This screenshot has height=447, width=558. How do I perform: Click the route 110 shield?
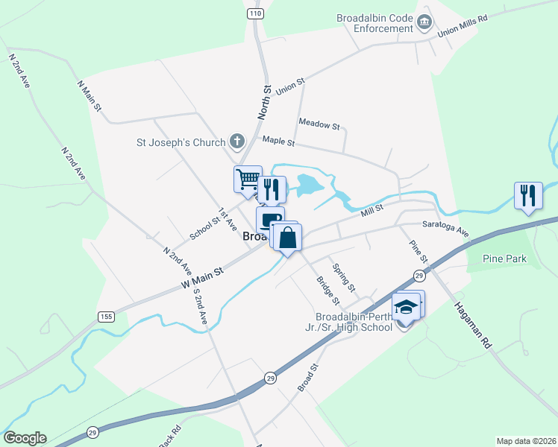(256, 13)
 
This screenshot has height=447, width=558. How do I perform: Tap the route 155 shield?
(107, 317)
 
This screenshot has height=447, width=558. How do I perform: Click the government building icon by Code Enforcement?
(424, 22)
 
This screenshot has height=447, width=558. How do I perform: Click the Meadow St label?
(319, 124)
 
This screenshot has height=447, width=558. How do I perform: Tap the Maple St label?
(278, 141)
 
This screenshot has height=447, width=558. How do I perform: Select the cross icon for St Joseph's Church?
(236, 140)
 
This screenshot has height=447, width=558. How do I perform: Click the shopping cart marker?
(248, 179)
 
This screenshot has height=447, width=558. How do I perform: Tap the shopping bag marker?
(288, 238)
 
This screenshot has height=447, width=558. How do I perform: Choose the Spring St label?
(344, 277)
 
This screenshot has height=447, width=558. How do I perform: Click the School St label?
(205, 227)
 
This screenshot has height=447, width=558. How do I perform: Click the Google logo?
(25, 438)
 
